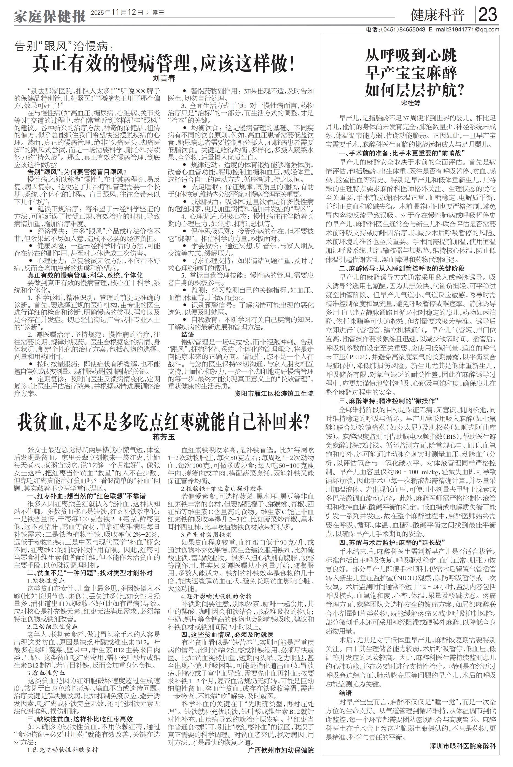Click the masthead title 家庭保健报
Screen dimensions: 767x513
[49, 15]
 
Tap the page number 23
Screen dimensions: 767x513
[488, 15]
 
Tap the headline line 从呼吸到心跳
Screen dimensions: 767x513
[411, 56]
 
